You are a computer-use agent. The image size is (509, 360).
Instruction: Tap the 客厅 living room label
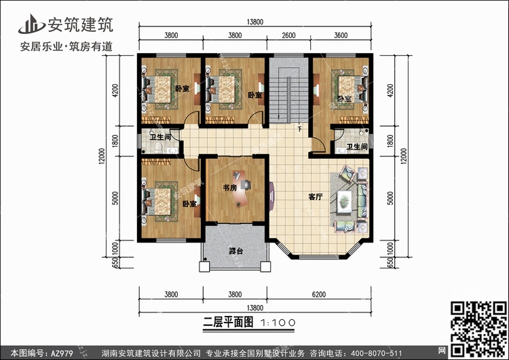click(x=314, y=198)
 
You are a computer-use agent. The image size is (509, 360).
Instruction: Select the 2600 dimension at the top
click(x=288, y=36)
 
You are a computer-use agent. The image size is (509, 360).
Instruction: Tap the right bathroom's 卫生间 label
click(x=356, y=147)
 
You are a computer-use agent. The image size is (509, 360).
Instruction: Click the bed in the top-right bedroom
click(x=348, y=90)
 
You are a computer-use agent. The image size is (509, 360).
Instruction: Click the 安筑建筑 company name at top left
click(x=81, y=24)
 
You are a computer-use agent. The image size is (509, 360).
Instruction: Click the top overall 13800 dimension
click(x=255, y=22)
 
